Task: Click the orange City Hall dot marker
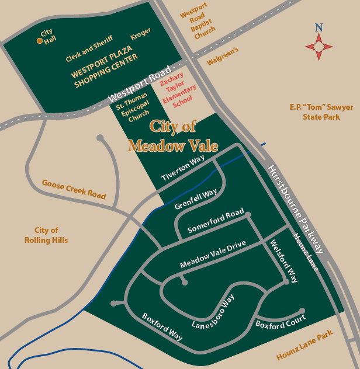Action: point(39,41)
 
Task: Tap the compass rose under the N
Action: point(319,45)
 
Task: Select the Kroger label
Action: point(140,34)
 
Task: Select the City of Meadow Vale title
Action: point(165,135)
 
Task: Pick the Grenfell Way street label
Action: point(196,199)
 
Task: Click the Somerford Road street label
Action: point(215,221)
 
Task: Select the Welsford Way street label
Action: point(283,261)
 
